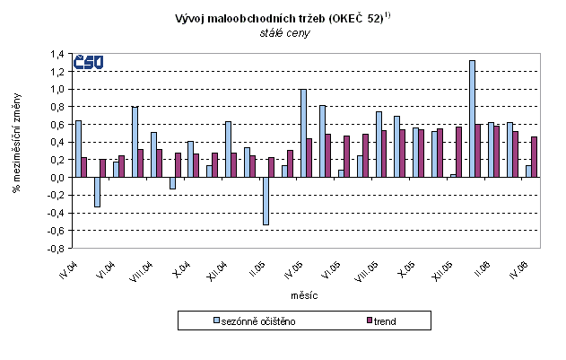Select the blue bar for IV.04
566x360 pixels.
79,149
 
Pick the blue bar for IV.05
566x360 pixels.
303,133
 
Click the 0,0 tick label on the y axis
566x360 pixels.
57,177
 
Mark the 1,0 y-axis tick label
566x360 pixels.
57,89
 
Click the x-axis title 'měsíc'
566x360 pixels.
303,294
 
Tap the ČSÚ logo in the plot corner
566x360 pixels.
90,61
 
